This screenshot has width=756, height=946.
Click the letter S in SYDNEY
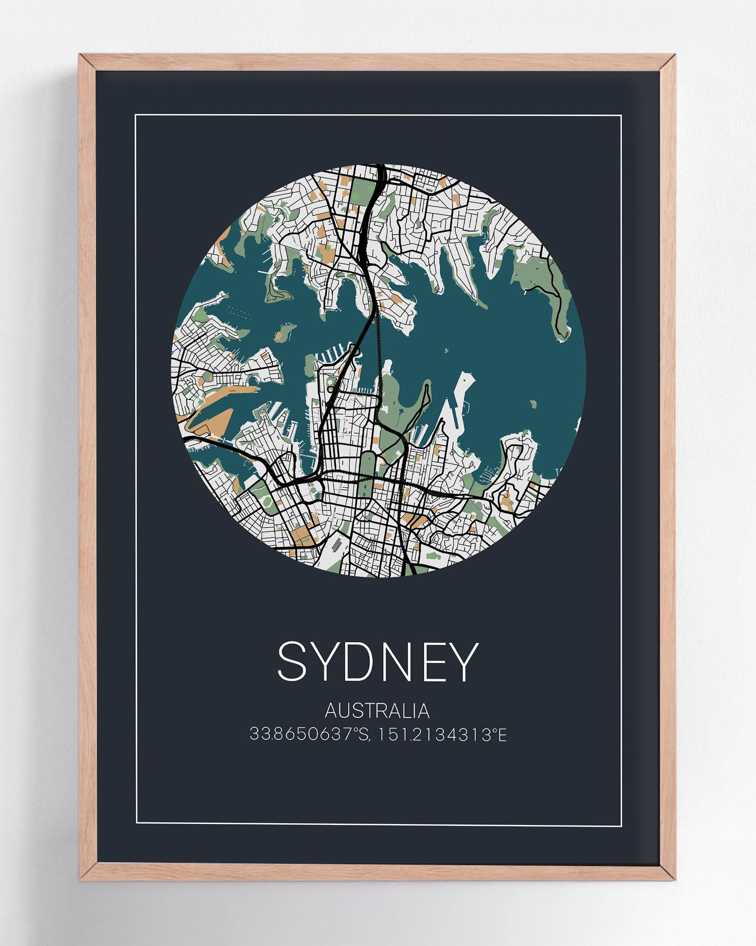[292, 661]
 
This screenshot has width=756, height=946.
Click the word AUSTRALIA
[377, 711]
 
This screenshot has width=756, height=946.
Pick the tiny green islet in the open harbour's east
[534, 404]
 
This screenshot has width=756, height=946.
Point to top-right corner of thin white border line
[621, 115]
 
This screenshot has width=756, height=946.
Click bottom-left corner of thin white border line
[137, 823]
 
